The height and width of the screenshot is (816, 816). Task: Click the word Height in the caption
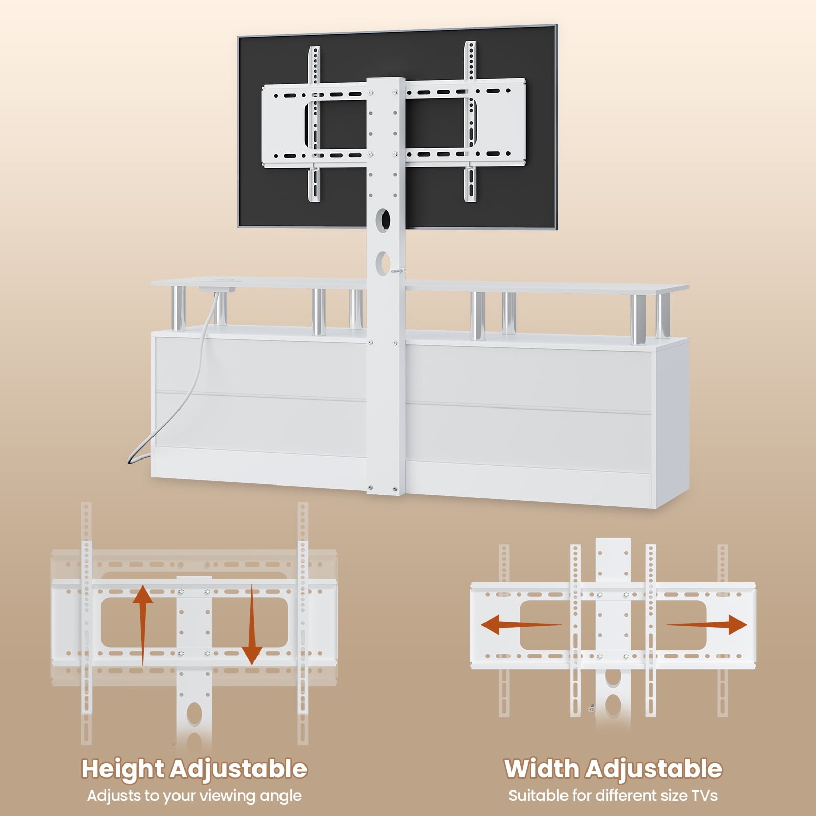point(122,769)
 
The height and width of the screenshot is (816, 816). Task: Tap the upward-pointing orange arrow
point(143,625)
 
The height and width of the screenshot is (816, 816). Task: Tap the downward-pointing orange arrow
point(251,625)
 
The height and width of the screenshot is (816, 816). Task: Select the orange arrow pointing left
point(521,624)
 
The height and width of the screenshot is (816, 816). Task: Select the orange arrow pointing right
point(707,624)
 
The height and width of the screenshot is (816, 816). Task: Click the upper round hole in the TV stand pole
point(385,219)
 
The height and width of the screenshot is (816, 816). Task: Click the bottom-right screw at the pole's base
point(395,490)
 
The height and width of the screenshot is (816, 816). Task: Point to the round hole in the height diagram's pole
point(194,712)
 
